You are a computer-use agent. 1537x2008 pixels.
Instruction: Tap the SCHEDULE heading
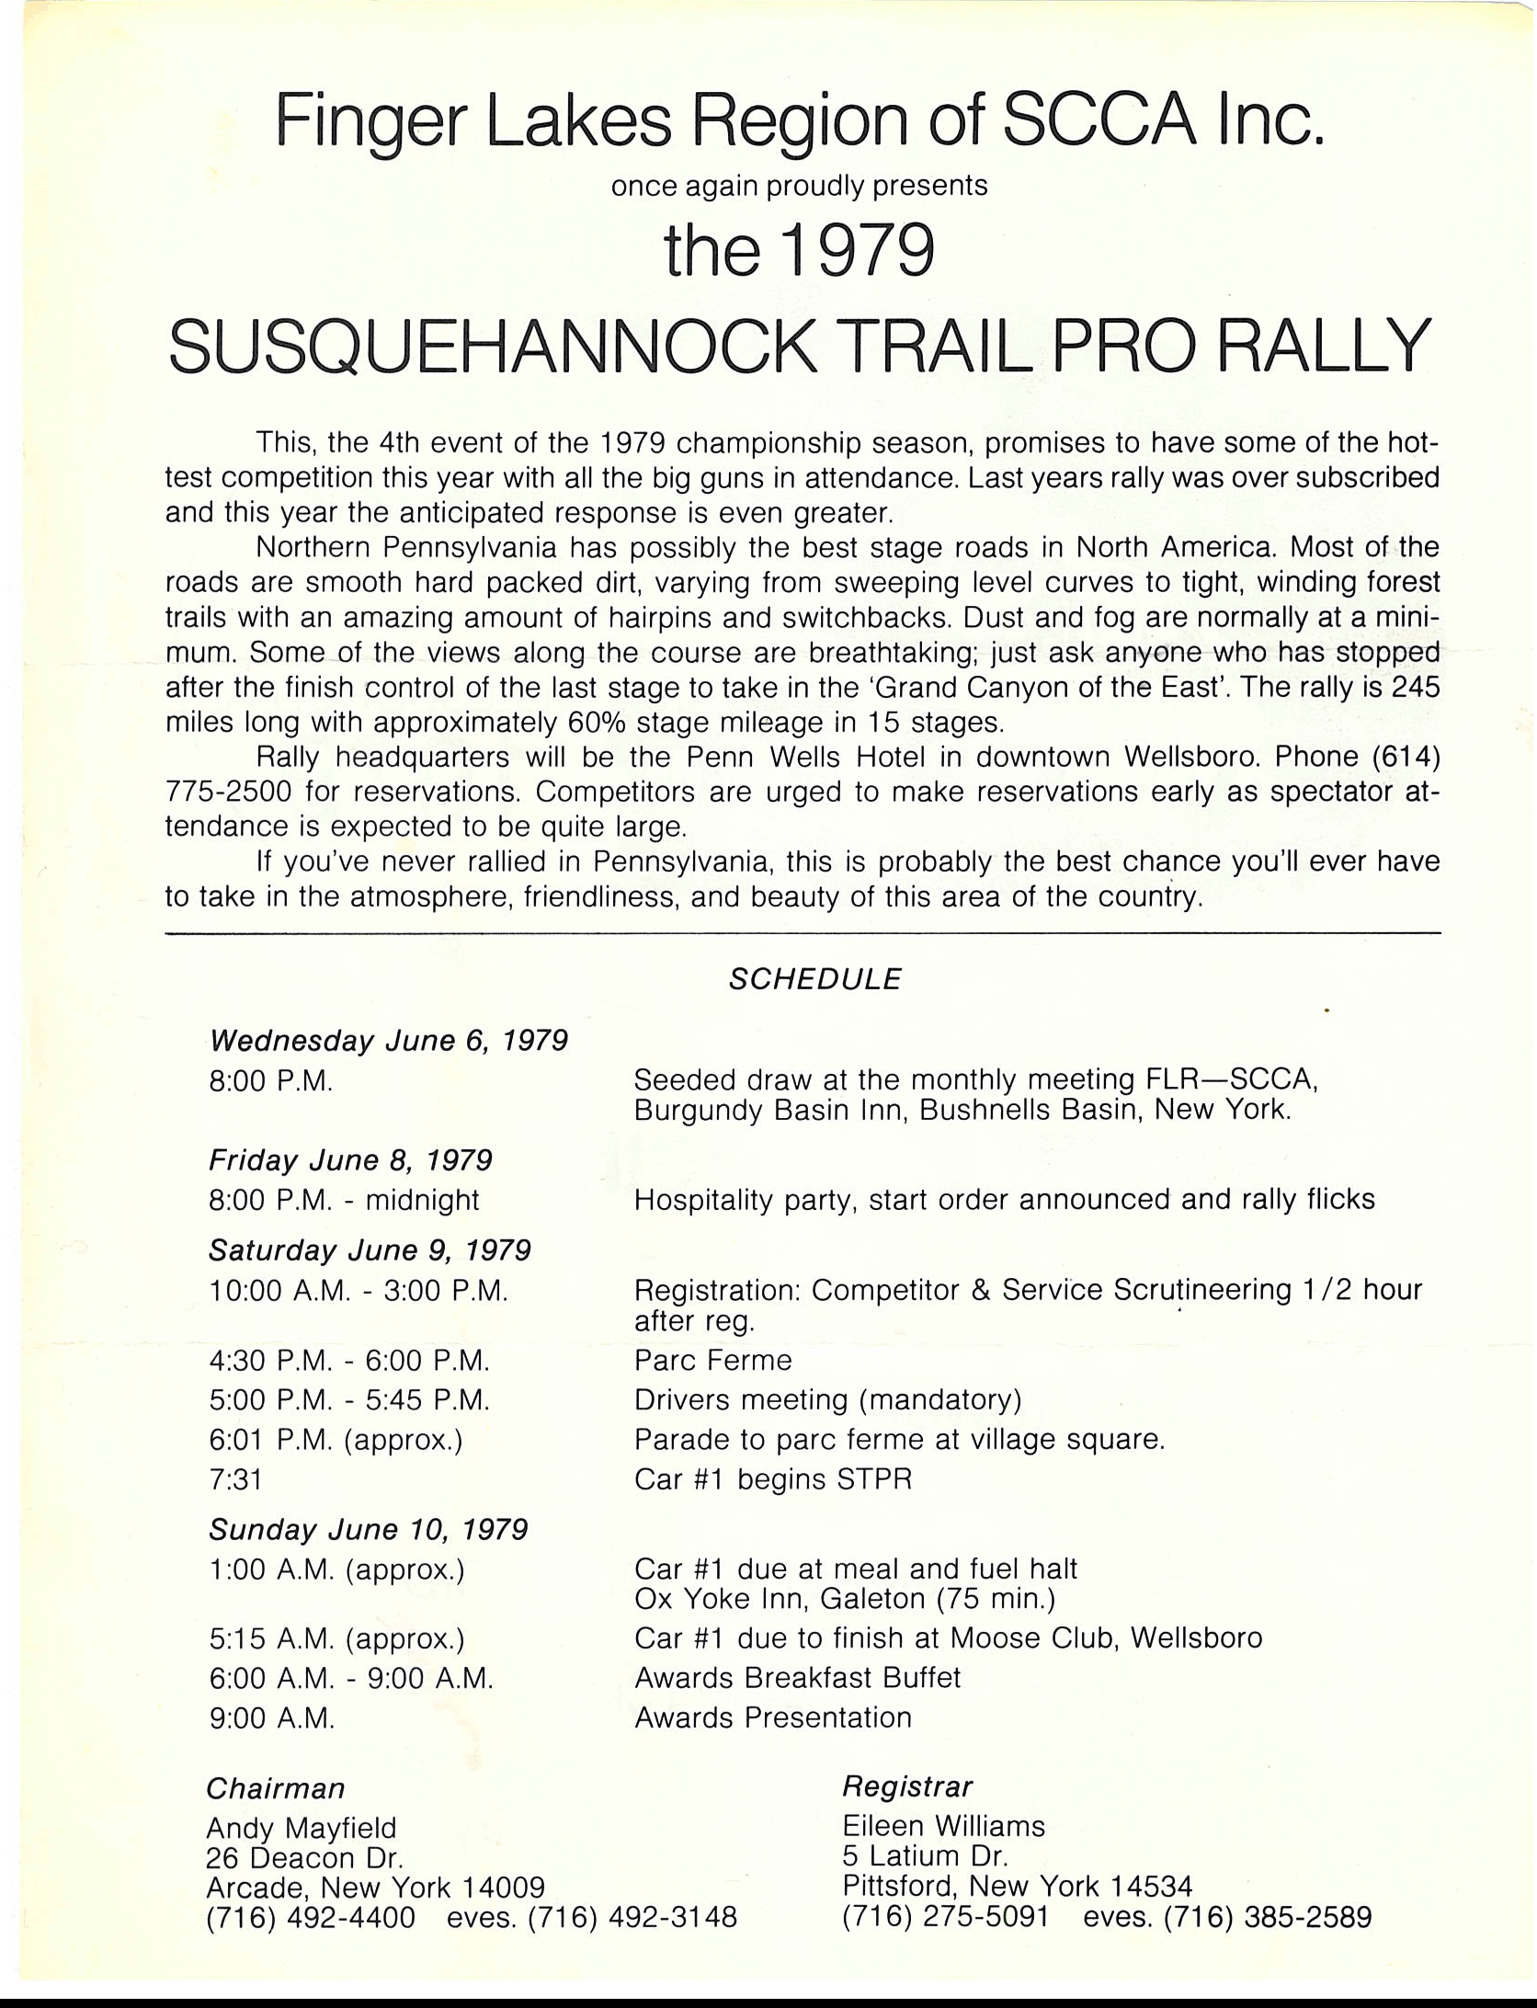(814, 979)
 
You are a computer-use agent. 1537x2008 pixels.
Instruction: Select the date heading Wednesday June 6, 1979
(389, 1041)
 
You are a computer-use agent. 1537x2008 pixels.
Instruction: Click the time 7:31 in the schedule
(236, 1479)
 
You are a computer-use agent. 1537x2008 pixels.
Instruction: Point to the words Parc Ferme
(712, 1360)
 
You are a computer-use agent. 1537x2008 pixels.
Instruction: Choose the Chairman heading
(276, 1788)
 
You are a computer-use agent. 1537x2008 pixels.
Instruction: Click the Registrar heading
(907, 1786)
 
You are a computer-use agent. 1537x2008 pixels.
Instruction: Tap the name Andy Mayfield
(302, 1827)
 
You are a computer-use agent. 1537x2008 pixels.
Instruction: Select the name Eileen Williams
(944, 1825)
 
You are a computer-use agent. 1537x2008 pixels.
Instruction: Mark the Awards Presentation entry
(773, 1717)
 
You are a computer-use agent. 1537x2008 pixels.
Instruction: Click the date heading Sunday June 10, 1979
(368, 1530)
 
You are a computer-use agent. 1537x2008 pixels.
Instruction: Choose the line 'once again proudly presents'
(799, 186)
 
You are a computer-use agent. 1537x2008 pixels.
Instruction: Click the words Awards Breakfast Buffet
(797, 1677)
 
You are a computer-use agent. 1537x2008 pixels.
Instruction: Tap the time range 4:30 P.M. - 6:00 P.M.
(349, 1360)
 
